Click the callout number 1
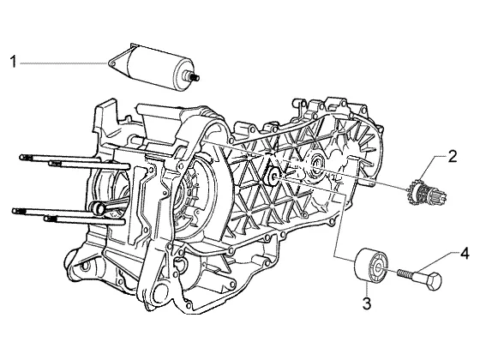pyautogui.click(x=13, y=62)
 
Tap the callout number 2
pyautogui.click(x=453, y=156)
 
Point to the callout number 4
pyautogui.click(x=465, y=254)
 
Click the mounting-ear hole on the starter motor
pyautogui.click(x=112, y=63)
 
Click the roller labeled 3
pyautogui.click(x=371, y=264)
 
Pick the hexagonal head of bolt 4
pyautogui.click(x=433, y=281)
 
